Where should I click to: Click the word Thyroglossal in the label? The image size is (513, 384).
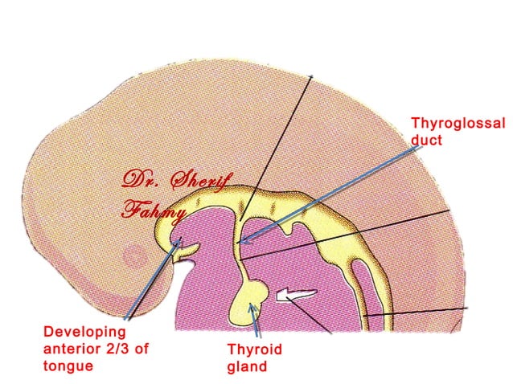pyautogui.click(x=458, y=124)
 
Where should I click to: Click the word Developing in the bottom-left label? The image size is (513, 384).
pyautogui.click(x=85, y=331)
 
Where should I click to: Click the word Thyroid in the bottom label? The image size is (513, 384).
pyautogui.click(x=255, y=350)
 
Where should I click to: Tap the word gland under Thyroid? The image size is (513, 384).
pyautogui.click(x=246, y=368)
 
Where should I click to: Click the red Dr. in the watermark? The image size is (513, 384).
pyautogui.click(x=138, y=179)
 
